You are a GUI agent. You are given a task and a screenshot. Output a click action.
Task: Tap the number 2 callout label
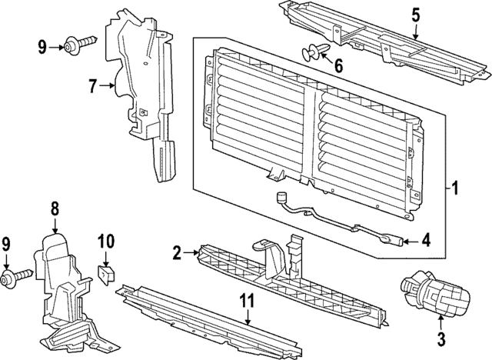[176, 252]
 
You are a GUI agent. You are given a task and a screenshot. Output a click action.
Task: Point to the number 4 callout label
[427, 242]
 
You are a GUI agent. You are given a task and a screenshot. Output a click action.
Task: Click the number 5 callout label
[415, 15]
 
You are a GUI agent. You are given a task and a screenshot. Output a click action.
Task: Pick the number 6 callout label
[337, 65]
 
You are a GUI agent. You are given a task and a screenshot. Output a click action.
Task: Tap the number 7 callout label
[93, 87]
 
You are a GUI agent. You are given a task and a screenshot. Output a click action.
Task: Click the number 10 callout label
[105, 242]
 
